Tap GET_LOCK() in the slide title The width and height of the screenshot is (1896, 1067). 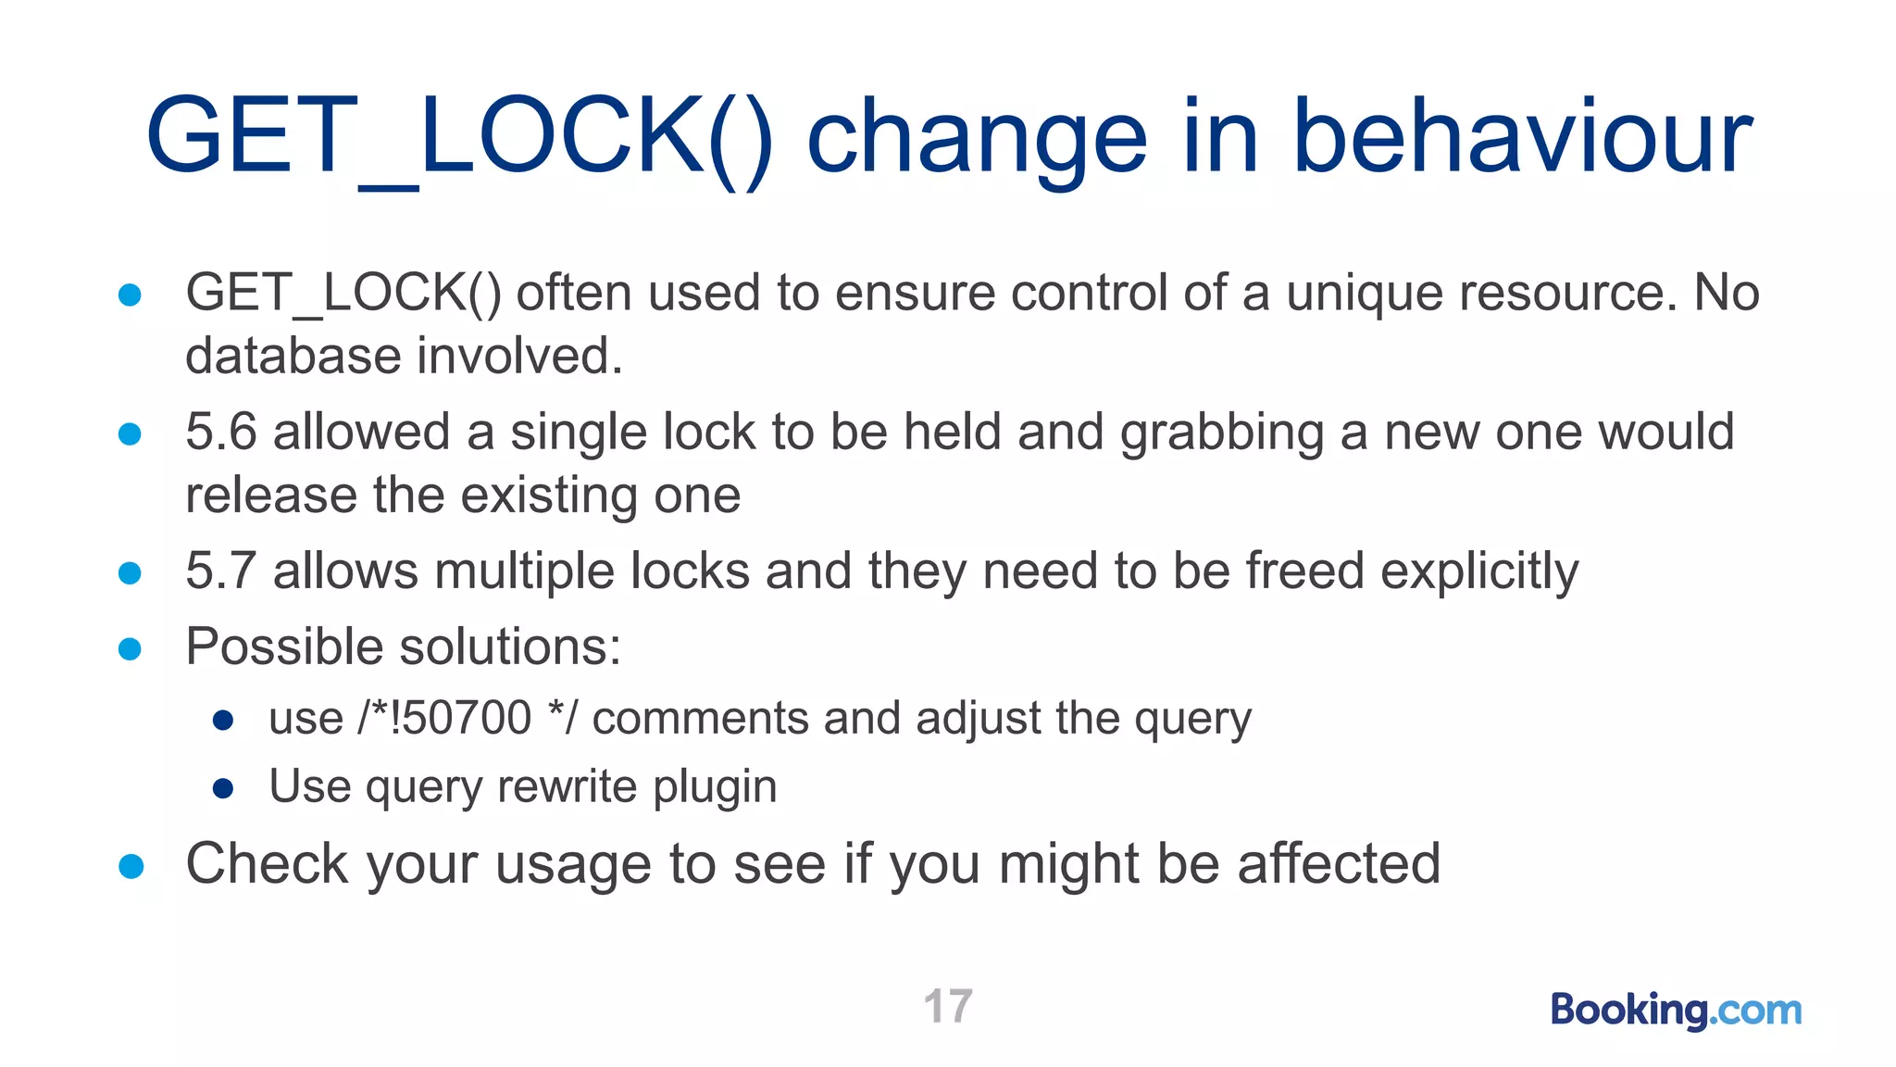[x=459, y=136]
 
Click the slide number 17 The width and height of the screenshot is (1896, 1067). [x=948, y=1006]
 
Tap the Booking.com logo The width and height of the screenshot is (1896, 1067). [x=1676, y=1009]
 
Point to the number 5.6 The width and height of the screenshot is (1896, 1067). [x=220, y=432]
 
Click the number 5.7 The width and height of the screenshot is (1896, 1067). [x=220, y=571]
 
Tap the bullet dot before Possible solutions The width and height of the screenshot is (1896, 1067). [x=131, y=648]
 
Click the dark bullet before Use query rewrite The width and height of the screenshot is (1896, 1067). [x=222, y=788]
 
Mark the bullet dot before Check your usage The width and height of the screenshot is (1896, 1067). [x=131, y=866]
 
